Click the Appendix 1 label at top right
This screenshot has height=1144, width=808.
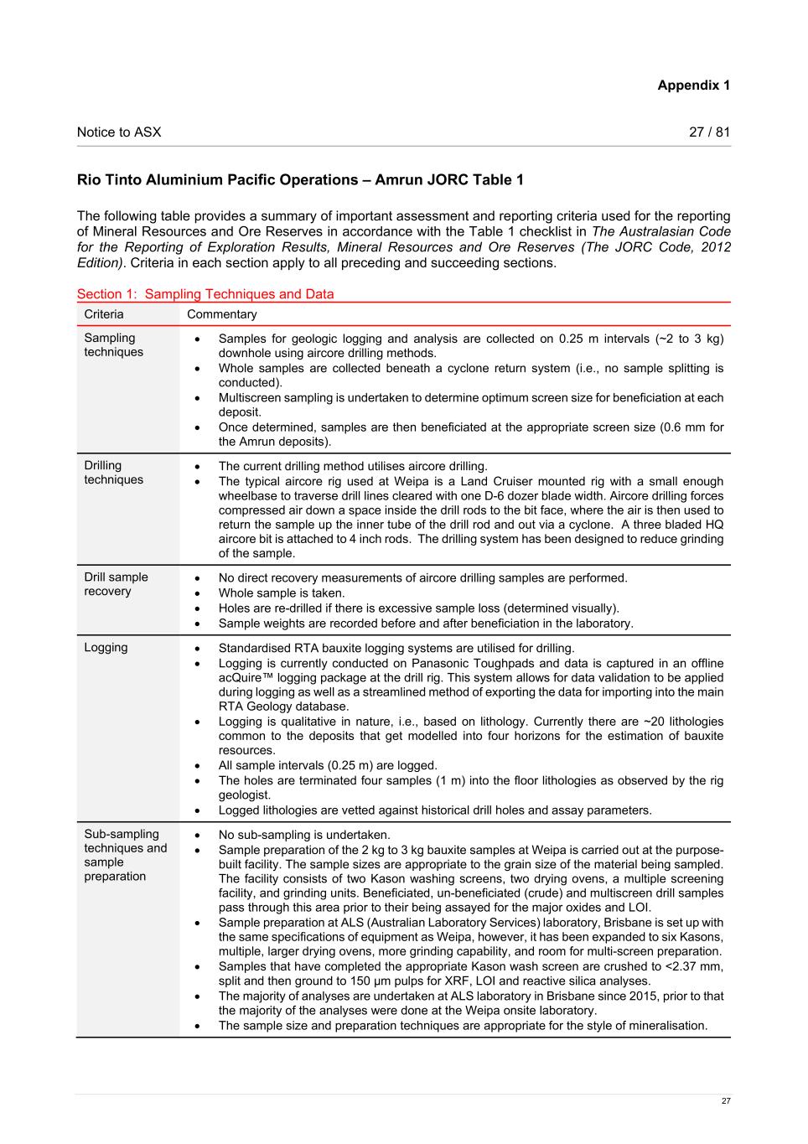(x=693, y=85)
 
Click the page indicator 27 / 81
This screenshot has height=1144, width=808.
(x=709, y=132)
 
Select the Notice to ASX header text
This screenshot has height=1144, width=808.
(x=119, y=132)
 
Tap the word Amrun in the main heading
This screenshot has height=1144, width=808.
(x=398, y=180)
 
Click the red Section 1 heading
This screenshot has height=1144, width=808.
(x=205, y=294)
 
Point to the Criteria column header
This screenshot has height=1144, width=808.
(x=104, y=314)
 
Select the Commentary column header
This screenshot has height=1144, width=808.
(x=222, y=314)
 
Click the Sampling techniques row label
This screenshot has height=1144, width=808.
(x=113, y=345)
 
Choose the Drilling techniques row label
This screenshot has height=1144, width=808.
(x=113, y=473)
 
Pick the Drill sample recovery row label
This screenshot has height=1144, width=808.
(x=116, y=584)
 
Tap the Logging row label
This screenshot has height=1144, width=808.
(x=106, y=648)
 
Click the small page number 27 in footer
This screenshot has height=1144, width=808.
(x=726, y=1101)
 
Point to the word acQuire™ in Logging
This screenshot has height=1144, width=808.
(x=246, y=677)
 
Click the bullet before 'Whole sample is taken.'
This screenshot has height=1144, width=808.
(x=197, y=593)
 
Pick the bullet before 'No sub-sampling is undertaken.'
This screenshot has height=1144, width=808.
(x=197, y=835)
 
